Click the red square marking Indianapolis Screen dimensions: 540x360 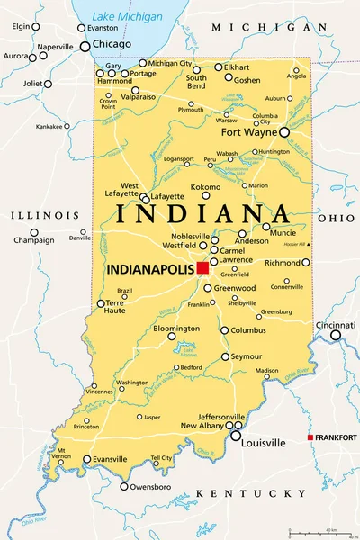203,267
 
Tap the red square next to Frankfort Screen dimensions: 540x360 310,437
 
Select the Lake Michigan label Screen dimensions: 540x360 127,16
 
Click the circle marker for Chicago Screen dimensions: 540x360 85,46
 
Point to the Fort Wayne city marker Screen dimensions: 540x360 284,132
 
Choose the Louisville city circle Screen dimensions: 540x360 236,436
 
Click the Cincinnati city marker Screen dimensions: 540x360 336,335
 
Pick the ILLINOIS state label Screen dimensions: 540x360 44,216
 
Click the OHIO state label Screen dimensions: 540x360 335,218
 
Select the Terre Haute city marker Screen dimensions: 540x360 100,303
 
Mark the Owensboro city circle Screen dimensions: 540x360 124,487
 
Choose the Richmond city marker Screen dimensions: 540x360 306,263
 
